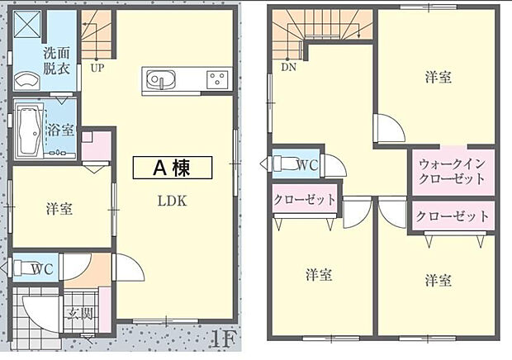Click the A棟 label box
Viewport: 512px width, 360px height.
[173, 168]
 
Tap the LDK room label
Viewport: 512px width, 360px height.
[173, 201]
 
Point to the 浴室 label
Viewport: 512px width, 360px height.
[61, 130]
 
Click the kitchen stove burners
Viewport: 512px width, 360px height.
[218, 80]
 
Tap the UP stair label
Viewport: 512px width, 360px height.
[97, 69]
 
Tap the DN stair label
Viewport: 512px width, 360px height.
[289, 68]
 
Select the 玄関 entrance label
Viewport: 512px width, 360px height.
[78, 314]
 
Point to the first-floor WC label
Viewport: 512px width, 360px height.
[43, 268]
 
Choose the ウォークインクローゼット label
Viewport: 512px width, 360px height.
[452, 171]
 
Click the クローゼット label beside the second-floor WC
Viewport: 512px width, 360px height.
[305, 199]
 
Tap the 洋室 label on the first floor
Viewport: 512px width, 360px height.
[59, 209]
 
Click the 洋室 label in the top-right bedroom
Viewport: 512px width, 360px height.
[438, 77]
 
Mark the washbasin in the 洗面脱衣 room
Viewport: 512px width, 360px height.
[27, 82]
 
